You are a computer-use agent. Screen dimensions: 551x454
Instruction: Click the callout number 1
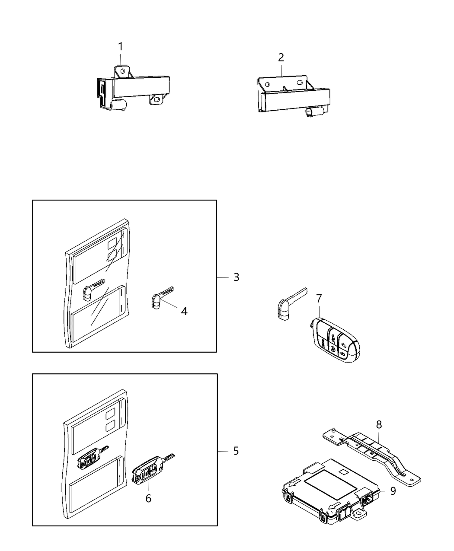coord(121,47)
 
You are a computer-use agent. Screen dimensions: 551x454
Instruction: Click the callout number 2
coord(281,57)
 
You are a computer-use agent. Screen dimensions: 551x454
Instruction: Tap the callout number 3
coord(236,277)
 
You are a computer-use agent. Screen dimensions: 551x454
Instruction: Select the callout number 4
coord(184,311)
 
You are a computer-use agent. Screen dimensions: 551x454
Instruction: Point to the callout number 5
coord(236,451)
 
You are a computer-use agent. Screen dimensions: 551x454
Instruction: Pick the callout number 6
coord(148,498)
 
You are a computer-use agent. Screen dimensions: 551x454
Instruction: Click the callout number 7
coord(319,298)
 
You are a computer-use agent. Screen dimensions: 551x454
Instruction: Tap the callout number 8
coord(379,424)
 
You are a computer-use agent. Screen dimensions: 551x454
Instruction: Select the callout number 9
coord(393,491)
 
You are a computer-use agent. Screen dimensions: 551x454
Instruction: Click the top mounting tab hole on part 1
coord(123,70)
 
